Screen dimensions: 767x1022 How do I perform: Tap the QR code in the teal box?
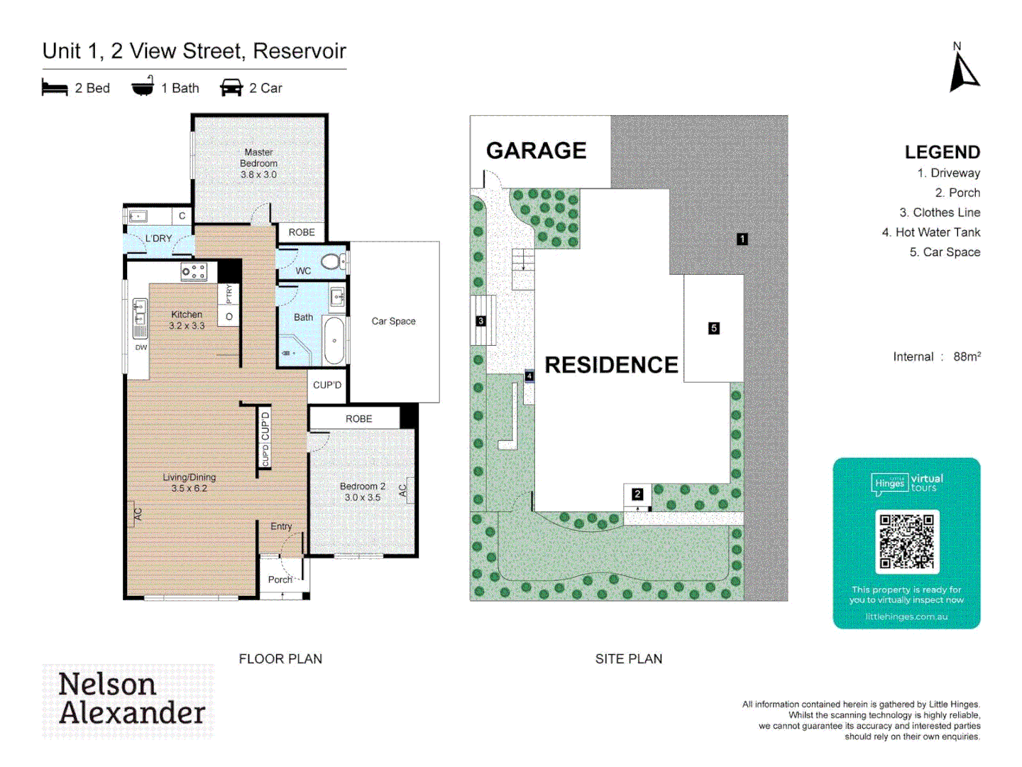coord(906,541)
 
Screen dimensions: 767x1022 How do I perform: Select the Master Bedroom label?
coord(258,163)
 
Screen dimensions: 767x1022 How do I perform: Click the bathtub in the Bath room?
coord(334,340)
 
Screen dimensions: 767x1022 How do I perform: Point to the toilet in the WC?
coord(331,261)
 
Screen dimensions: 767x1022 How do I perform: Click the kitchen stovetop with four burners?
coord(193,271)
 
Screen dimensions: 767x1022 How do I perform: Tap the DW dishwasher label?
coord(141,347)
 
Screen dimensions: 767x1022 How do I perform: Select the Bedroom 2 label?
coord(362,491)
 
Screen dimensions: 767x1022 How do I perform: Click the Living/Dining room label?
coord(189,483)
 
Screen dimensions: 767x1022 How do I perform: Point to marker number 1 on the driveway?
coord(742,239)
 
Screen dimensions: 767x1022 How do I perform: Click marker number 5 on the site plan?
coord(714,328)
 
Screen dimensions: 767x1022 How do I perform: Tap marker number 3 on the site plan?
coord(480,321)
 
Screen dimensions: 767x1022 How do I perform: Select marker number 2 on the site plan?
coord(637,494)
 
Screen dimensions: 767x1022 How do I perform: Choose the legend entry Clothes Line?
coord(939,212)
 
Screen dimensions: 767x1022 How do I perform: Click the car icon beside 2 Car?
coord(231,88)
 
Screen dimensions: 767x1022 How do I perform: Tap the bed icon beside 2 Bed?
coord(55,88)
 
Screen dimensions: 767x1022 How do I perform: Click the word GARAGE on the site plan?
coord(536,151)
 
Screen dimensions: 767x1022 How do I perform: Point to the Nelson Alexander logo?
coord(128,700)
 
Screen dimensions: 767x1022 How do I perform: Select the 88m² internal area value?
coord(967,357)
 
